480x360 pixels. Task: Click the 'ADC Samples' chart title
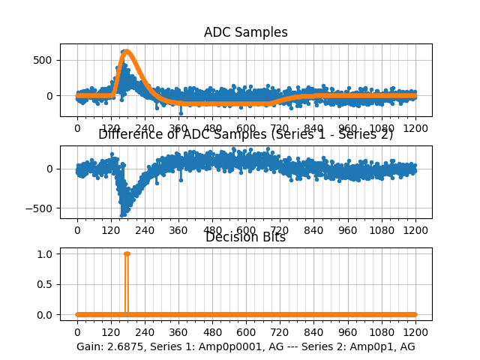[x=245, y=32]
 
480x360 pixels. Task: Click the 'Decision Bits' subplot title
[x=245, y=238]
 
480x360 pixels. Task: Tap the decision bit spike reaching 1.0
[x=127, y=254]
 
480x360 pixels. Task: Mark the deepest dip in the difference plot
[x=122, y=215]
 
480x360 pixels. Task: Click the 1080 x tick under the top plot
[x=382, y=128]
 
